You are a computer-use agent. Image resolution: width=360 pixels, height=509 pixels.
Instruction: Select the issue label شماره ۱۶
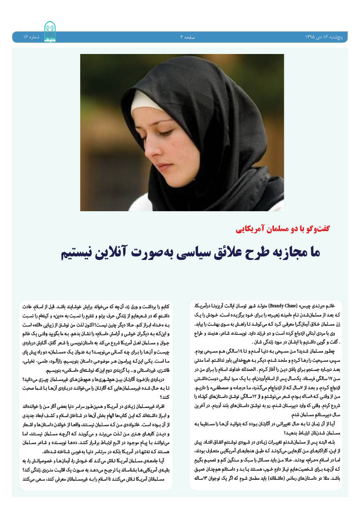(30, 37)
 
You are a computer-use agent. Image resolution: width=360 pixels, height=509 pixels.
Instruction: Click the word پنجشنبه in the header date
(341, 37)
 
